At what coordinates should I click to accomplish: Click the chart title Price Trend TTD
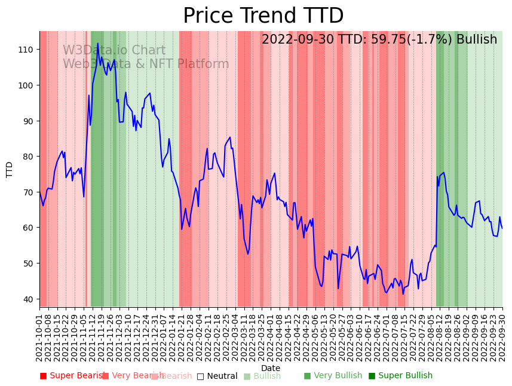coord(263,16)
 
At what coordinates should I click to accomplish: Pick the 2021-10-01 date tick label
coord(40,338)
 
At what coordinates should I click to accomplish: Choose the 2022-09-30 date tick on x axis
coord(502,338)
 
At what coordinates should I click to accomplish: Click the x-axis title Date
coord(271,369)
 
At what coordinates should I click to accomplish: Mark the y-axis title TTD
coord(10,169)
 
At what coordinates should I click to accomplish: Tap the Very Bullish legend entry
coord(333,376)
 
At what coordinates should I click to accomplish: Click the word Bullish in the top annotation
coord(477,40)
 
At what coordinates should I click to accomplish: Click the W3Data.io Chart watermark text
coord(114,51)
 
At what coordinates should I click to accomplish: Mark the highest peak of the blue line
coord(98,43)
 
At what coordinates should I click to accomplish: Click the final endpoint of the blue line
coord(502,228)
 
